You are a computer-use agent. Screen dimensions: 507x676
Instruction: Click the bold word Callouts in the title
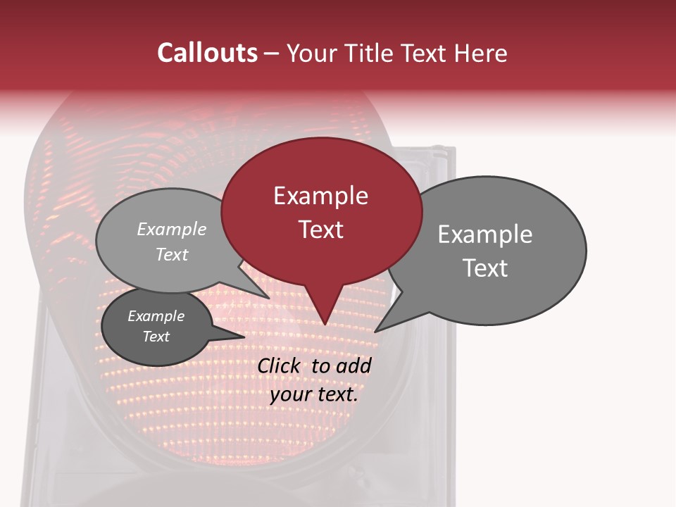pos(207,53)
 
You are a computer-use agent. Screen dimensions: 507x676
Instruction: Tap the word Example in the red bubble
pos(320,196)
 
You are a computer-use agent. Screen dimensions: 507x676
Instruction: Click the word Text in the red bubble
pos(320,230)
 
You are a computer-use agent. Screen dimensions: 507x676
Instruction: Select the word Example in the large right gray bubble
pos(485,234)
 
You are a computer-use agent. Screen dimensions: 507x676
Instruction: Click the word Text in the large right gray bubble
pos(485,268)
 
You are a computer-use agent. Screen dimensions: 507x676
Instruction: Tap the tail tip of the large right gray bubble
pos(375,332)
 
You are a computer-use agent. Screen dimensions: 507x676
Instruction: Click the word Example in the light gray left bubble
pos(172,229)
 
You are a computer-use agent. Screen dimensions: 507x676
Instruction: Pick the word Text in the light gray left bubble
pos(172,254)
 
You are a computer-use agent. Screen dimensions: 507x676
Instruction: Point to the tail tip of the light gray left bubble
pos(269,298)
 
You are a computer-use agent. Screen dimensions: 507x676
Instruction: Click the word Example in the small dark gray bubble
pos(156,316)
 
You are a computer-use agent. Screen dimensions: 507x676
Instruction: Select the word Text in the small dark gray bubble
pos(156,337)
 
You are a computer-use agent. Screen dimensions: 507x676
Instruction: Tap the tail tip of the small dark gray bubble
pos(244,337)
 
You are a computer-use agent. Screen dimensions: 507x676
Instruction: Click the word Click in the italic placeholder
pos(279,365)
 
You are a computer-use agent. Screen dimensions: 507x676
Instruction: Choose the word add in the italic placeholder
pos(353,365)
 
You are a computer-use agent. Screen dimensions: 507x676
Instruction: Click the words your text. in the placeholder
pos(314,394)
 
